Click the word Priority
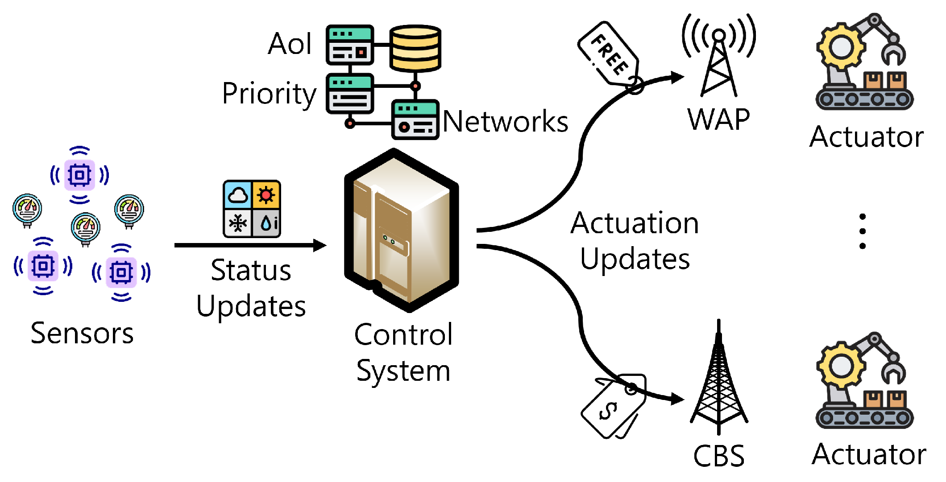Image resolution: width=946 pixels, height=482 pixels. pyautogui.click(x=269, y=94)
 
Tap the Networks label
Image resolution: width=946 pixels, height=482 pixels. pyautogui.click(x=505, y=121)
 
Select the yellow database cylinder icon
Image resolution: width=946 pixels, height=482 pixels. pyautogui.click(x=415, y=48)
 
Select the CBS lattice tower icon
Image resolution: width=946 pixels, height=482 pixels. pyautogui.click(x=718, y=379)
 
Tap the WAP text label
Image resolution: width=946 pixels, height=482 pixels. pyautogui.click(x=718, y=119)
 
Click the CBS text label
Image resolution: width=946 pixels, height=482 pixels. pyautogui.click(x=718, y=456)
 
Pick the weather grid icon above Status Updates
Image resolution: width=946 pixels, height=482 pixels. pyautogui.click(x=252, y=208)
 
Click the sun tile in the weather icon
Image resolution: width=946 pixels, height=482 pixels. pyautogui.click(x=266, y=195)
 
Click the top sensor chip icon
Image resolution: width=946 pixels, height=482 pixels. pyautogui.click(x=80, y=175)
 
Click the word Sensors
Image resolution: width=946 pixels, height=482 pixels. pyautogui.click(x=82, y=333)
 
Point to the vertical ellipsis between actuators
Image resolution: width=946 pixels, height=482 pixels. pyautogui.click(x=862, y=231)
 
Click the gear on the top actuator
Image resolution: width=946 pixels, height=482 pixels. pyautogui.click(x=841, y=47)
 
